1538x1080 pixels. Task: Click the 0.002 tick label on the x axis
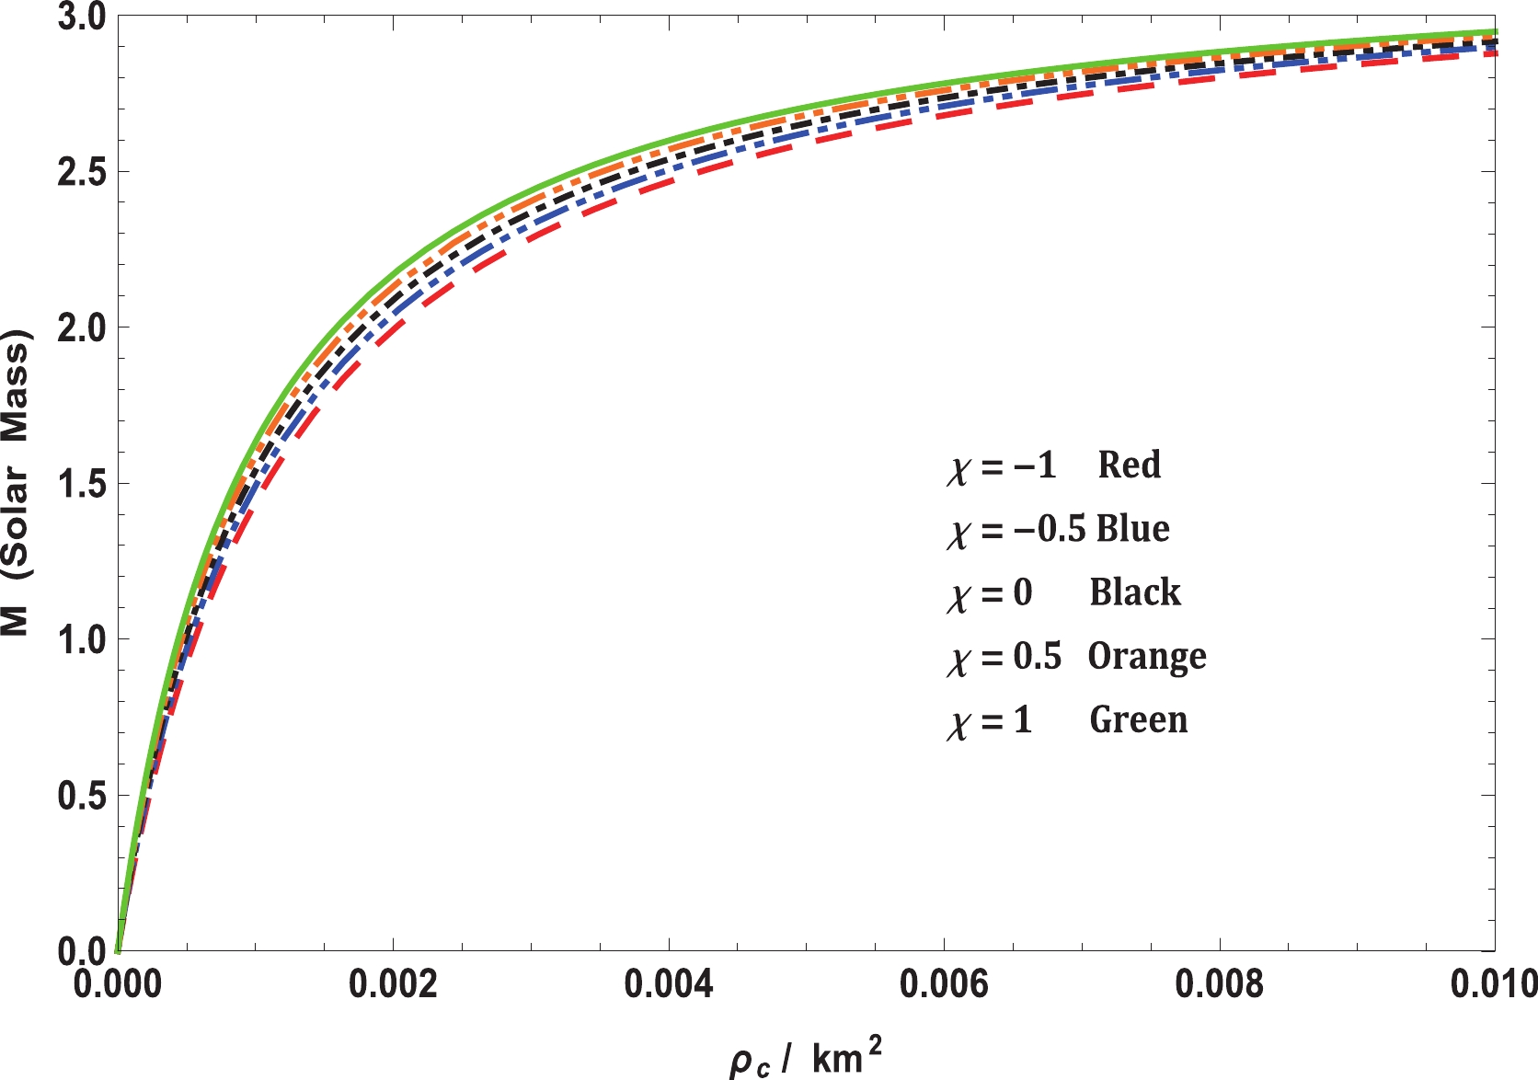[393, 983]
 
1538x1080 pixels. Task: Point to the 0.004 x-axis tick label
[669, 983]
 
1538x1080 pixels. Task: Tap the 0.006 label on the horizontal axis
[944, 983]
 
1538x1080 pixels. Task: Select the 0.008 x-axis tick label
[1220, 983]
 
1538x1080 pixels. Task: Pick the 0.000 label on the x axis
[118, 983]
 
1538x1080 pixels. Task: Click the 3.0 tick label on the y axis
[82, 17]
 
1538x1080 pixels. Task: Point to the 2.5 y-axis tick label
[82, 173]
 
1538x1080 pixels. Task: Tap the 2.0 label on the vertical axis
[82, 328]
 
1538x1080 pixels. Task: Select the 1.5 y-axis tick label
[82, 484]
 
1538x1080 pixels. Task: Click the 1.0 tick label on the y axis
[82, 639]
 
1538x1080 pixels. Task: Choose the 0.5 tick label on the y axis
[82, 795]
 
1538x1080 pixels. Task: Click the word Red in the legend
[1129, 465]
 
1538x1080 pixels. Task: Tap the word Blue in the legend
[1133, 528]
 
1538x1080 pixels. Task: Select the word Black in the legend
[1135, 592]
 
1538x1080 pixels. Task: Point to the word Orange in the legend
[1147, 657]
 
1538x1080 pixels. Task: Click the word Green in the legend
[1139, 719]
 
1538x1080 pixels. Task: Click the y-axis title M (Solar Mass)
[17, 483]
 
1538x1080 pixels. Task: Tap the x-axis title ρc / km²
[805, 1057]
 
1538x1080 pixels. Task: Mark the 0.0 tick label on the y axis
[82, 950]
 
